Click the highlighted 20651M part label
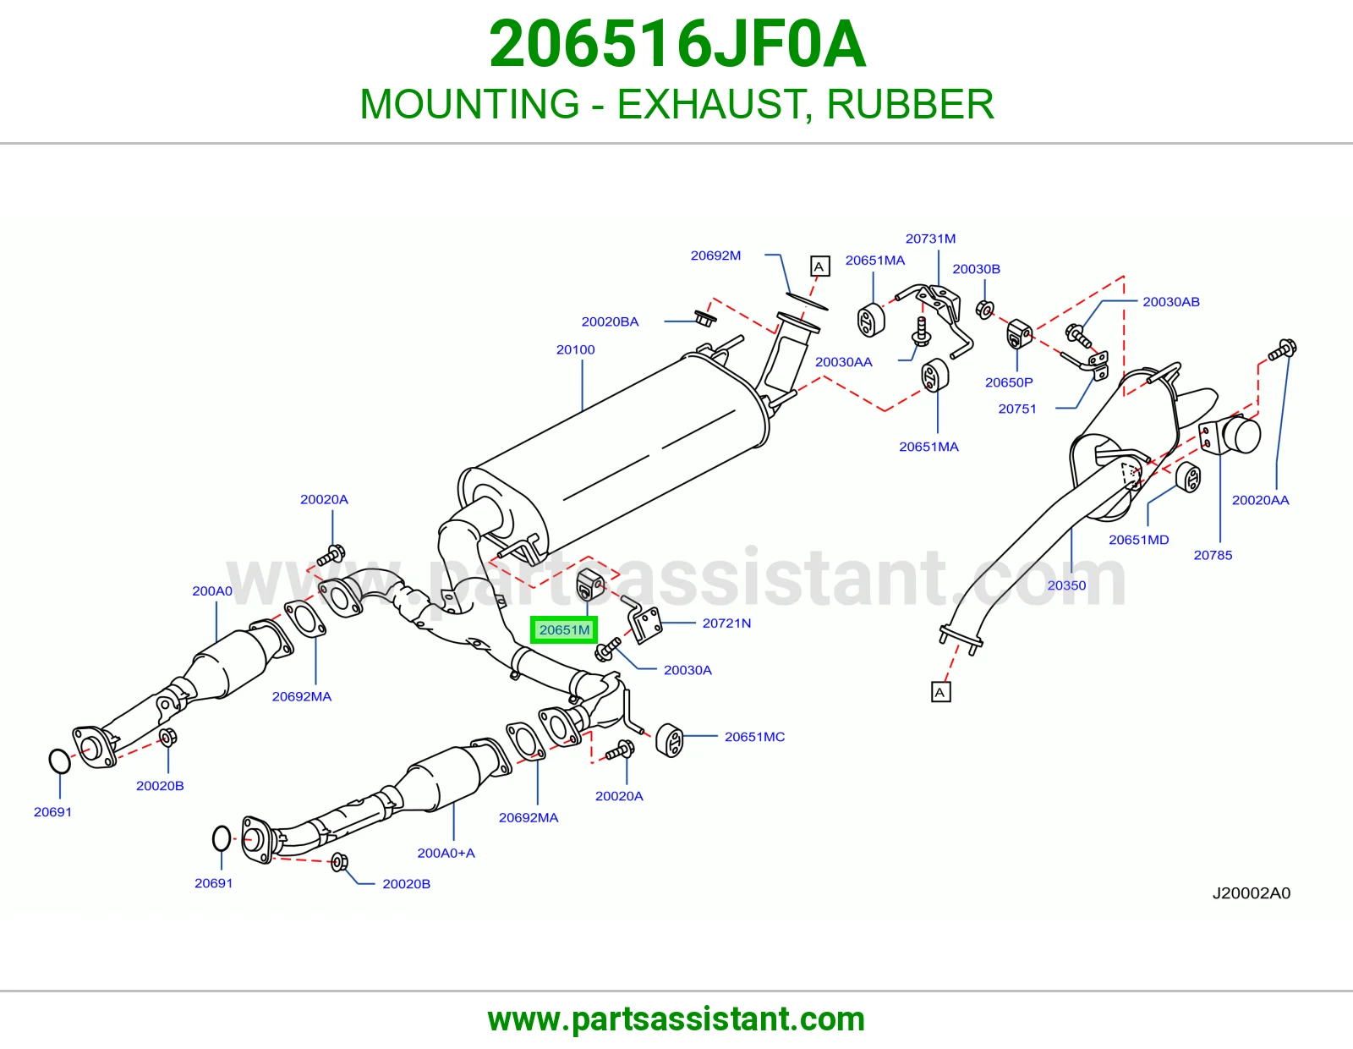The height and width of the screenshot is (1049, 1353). [x=564, y=629]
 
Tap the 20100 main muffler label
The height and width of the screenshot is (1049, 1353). [x=575, y=349]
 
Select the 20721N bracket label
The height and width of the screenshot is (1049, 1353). [x=726, y=623]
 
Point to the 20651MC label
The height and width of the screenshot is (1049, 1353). [x=754, y=736]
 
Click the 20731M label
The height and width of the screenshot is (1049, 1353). [x=930, y=239]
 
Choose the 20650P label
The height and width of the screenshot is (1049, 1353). [x=1009, y=382]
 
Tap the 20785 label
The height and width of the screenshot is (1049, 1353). [x=1213, y=555]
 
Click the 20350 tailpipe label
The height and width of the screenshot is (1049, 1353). [x=1066, y=585]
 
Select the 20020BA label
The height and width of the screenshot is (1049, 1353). [x=611, y=321]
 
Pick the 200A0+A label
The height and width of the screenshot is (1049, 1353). [x=446, y=853]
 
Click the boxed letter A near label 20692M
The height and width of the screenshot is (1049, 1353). [x=819, y=266]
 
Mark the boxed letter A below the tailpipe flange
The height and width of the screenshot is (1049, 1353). [x=941, y=692]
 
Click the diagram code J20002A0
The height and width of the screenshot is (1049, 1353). [x=1252, y=893]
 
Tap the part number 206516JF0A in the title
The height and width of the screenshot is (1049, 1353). [x=677, y=44]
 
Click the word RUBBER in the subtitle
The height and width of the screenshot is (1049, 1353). [x=910, y=104]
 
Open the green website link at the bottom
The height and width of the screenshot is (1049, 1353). [x=676, y=1019]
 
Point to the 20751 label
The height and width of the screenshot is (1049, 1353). [x=1017, y=409]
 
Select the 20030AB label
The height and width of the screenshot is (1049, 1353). [x=1171, y=301]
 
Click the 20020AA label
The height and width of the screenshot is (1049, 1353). [x=1261, y=500]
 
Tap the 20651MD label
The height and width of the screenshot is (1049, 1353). [x=1139, y=540]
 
